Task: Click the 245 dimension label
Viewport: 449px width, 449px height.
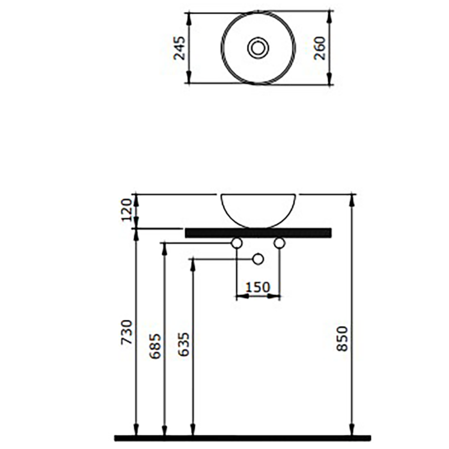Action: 180,48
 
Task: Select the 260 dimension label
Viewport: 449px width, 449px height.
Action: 320,48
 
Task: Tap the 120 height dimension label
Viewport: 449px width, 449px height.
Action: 127,210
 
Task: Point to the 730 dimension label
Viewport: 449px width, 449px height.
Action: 127,332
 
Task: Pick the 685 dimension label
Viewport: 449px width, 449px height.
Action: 155,346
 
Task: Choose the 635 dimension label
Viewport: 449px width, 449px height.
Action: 184,344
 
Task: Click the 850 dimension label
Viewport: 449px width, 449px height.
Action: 342,339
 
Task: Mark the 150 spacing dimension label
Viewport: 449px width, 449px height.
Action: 258,287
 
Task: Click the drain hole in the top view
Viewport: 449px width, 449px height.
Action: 258,47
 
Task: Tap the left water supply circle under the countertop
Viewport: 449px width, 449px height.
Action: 237,243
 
